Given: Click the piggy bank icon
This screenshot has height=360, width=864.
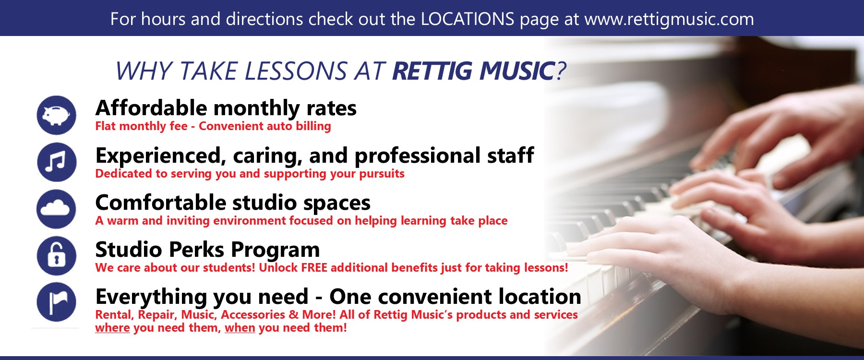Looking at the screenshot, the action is tap(57, 115).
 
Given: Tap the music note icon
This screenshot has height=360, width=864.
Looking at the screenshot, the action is tap(57, 162).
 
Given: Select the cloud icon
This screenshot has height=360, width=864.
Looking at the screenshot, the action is tap(57, 209).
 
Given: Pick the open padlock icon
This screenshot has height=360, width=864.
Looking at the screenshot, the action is tap(57, 255).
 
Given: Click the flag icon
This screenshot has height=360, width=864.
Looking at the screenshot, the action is tap(57, 302).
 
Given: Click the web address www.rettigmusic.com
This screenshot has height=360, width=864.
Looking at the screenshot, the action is tap(669, 20).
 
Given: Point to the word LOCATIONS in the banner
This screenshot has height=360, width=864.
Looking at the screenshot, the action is tap(468, 19).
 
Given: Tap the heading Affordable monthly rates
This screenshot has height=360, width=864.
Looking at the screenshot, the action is tap(226, 108).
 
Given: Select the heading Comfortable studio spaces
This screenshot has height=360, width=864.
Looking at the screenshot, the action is tap(233, 203).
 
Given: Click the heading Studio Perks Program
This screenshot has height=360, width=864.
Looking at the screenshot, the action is tap(207, 250).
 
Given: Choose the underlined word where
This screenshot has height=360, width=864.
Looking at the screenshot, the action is tap(112, 328).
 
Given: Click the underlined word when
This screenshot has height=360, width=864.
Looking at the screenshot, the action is tap(240, 328).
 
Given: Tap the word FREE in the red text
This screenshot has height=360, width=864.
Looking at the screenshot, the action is tap(314, 268).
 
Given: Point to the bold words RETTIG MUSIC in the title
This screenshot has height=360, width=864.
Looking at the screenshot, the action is tap(473, 71).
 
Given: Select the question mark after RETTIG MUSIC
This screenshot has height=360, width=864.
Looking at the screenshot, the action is tap(561, 71).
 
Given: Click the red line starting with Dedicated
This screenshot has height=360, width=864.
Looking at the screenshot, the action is tap(250, 174).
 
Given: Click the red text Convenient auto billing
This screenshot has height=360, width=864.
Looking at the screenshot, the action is tap(265, 126).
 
